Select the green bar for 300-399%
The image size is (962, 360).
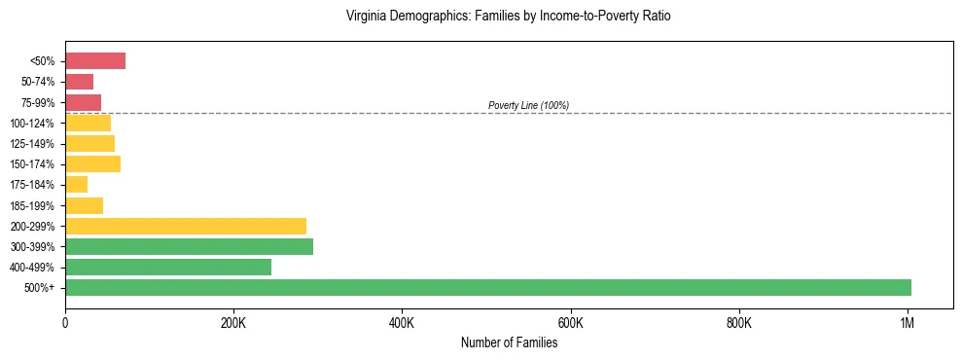189,247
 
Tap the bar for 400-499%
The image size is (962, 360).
168,268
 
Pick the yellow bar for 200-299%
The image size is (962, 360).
186,226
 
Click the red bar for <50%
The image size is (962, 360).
95,61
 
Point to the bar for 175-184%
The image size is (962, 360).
77,185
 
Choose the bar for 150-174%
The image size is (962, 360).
92,164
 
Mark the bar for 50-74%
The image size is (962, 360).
79,82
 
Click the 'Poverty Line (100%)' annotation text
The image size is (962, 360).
528,105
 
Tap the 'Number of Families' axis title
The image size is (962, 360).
509,342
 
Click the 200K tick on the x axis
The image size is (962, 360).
233,322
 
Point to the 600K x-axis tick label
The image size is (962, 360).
570,322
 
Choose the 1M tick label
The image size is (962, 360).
908,322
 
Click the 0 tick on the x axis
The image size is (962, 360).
65,322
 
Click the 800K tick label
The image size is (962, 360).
739,322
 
